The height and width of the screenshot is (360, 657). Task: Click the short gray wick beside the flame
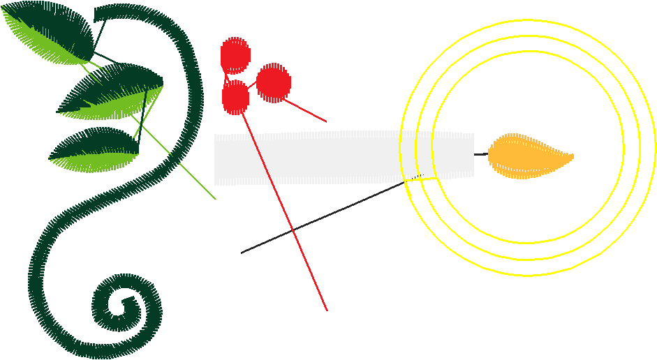tap(480, 154)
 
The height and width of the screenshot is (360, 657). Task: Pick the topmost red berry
tap(235, 55)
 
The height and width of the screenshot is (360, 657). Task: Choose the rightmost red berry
tap(274, 82)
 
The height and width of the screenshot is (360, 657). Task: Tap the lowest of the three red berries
tap(235, 97)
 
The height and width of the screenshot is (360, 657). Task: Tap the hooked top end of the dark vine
tap(98, 13)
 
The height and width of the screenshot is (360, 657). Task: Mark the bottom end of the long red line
tap(326, 310)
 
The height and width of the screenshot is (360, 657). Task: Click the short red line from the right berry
tap(307, 112)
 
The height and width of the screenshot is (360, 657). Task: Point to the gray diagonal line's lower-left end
tap(242, 252)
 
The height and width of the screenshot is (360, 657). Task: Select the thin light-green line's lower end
tap(215, 198)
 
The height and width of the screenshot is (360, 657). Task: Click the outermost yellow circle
tap(655, 147)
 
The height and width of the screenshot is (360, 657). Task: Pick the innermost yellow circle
tap(621, 147)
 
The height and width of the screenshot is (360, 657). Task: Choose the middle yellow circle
tap(639, 147)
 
